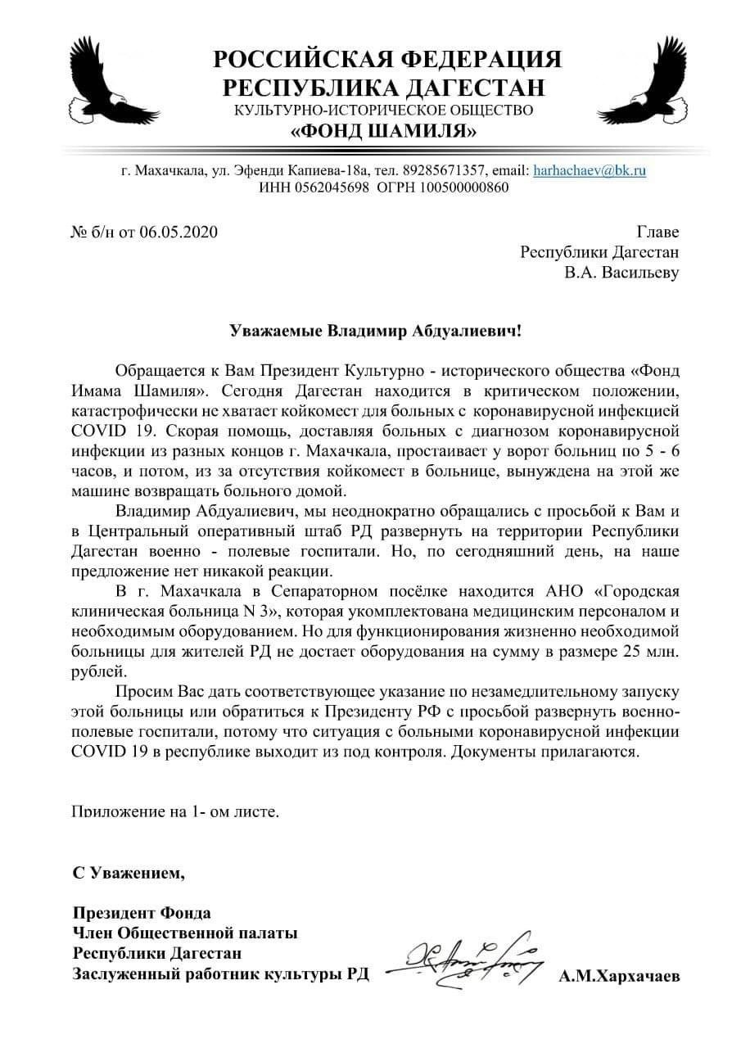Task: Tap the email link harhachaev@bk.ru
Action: click(590, 171)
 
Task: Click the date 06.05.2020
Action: click(179, 232)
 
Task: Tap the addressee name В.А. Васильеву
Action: click(621, 272)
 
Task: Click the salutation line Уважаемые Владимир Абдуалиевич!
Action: click(373, 332)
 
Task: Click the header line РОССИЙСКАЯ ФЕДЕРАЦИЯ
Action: click(387, 60)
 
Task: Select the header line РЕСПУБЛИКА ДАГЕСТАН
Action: click(385, 88)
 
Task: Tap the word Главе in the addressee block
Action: click(657, 232)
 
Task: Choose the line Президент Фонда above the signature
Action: click(142, 913)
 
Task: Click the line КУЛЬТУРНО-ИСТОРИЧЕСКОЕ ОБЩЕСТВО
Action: click(384, 110)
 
